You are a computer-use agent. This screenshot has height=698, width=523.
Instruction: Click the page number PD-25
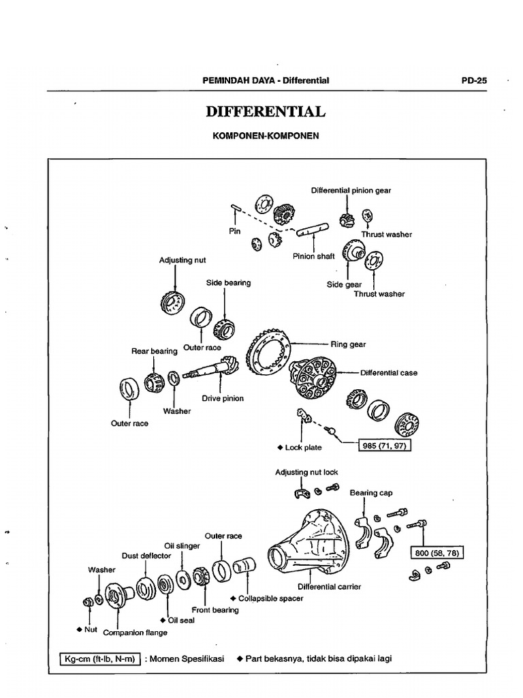pyautogui.click(x=474, y=80)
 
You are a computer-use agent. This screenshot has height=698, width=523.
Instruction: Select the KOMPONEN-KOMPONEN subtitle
pyautogui.click(x=266, y=136)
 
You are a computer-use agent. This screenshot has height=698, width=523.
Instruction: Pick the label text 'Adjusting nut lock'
pyautogui.click(x=306, y=472)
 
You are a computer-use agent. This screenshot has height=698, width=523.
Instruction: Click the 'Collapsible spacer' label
pyautogui.click(x=271, y=598)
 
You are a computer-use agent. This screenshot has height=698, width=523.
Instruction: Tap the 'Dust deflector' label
pyautogui.click(x=146, y=556)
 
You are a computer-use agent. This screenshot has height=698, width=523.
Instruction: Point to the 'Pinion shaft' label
pyautogui.click(x=314, y=256)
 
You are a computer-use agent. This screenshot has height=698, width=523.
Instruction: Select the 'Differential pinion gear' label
pyautogui.click(x=351, y=191)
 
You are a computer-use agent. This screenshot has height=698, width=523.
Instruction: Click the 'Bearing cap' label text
pyautogui.click(x=371, y=492)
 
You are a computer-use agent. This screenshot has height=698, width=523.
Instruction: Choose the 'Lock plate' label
pyautogui.click(x=304, y=448)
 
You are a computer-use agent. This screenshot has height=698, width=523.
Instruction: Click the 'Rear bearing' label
pyautogui.click(x=154, y=351)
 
